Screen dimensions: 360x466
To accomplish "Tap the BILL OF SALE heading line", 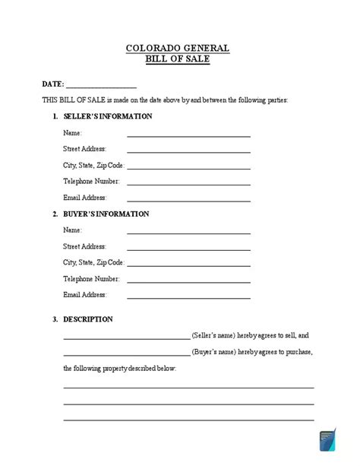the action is (179, 59).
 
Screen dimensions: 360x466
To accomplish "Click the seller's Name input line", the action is (188, 135).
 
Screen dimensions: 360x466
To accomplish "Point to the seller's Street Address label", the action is (84, 149).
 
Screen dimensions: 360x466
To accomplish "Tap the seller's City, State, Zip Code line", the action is (188, 167).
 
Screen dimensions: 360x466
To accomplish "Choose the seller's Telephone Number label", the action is (91, 182).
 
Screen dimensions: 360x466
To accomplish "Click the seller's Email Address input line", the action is (188, 200).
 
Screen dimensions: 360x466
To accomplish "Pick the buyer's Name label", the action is (72, 230).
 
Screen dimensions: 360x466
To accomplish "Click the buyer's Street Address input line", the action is (188, 249).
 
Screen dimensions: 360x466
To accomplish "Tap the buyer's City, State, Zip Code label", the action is (93, 262).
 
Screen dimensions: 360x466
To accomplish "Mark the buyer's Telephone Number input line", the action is (188, 281).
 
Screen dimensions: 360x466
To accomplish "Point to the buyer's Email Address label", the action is (85, 295).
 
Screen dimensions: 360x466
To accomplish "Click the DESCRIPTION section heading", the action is (88, 319).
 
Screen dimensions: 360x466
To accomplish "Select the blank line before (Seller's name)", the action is (126, 338).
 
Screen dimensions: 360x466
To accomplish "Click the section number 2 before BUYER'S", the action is (55, 214).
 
